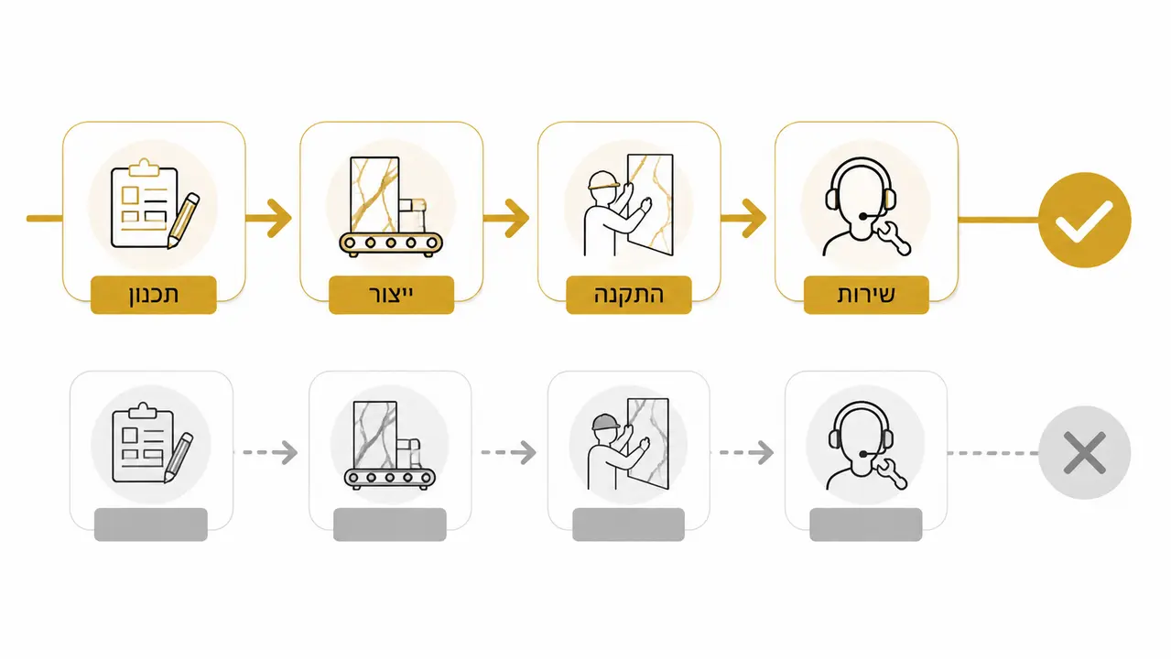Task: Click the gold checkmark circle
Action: (1085, 220)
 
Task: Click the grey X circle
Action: (1085, 452)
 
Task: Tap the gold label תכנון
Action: (154, 295)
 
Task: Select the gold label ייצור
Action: (391, 295)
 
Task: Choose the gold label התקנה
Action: (629, 295)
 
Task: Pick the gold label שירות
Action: (866, 295)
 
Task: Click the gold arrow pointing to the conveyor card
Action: (268, 218)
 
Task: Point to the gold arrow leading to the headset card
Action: (743, 218)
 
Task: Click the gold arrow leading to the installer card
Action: (506, 218)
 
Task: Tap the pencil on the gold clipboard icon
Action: (183, 221)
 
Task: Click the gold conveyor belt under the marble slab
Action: (391, 243)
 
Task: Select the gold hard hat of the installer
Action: (603, 181)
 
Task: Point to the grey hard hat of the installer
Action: (605, 422)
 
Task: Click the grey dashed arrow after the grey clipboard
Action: (266, 452)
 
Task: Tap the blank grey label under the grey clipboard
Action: (150, 524)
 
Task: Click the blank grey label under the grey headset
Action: (866, 524)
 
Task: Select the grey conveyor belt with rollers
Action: (389, 478)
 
